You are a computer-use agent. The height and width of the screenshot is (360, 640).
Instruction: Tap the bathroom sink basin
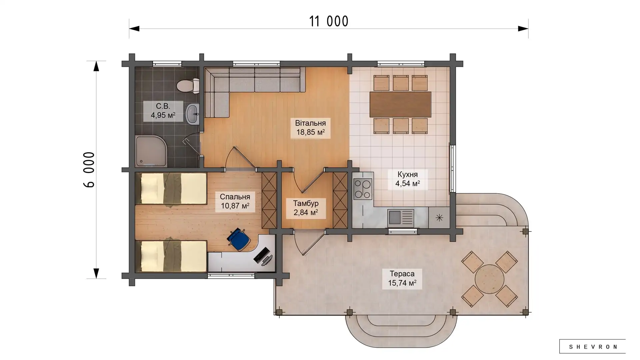192,114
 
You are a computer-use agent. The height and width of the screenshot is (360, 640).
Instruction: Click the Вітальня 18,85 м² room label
310,128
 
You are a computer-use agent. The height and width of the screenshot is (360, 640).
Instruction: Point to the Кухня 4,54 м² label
407,179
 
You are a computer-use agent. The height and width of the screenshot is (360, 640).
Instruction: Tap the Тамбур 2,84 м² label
306,208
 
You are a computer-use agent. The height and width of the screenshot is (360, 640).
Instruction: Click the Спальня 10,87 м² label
235,201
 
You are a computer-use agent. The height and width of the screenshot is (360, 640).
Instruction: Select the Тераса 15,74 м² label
402,279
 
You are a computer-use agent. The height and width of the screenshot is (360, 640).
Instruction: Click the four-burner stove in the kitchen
363,189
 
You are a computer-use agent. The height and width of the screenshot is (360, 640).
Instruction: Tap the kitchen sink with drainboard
401,218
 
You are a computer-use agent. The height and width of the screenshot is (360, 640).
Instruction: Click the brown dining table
400,104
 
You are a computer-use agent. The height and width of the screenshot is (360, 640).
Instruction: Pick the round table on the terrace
489,279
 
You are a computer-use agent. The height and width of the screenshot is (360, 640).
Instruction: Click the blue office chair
239,239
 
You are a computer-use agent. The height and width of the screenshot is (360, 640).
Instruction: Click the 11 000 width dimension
329,21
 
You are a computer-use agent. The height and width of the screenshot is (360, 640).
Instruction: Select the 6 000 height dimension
89,170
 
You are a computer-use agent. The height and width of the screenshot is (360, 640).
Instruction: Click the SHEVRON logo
593,347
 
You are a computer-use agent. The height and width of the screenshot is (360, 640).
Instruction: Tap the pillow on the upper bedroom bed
150,188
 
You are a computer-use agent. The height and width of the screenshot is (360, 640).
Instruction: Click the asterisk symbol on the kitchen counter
439,218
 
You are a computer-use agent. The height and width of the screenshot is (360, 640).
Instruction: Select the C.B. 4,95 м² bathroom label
163,111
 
